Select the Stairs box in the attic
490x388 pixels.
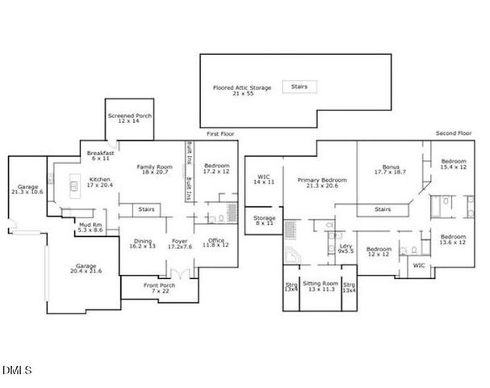click(299, 86)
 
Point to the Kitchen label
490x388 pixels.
click(101, 182)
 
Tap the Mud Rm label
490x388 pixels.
click(90, 227)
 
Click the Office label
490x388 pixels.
click(214, 242)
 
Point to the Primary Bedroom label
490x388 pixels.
click(321, 183)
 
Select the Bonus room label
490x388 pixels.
click(391, 170)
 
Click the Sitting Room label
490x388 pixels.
click(320, 286)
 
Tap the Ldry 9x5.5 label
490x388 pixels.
click(346, 248)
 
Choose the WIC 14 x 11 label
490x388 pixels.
click(263, 179)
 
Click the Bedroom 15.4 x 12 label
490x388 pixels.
click(453, 165)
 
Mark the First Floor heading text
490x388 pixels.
click(220, 133)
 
